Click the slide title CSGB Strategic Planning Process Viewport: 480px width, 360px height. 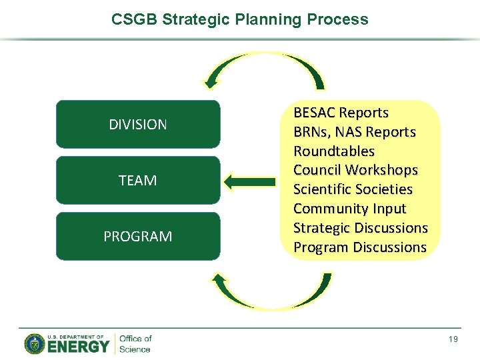coord(240,19)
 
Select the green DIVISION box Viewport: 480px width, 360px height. coord(138,125)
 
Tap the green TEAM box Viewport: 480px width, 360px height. coord(138,181)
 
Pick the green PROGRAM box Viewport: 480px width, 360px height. coord(138,237)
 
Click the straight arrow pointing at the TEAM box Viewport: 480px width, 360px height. coord(250,181)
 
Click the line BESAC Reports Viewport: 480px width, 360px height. coord(341,113)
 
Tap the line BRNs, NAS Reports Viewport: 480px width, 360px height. coord(354,132)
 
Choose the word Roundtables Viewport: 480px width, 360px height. coord(334,151)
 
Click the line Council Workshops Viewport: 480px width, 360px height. coord(355,170)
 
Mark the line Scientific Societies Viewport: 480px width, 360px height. coord(353,189)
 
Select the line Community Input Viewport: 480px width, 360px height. coord(349,209)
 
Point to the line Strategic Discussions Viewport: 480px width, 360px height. coord(360,228)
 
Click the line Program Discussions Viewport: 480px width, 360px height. coord(359,247)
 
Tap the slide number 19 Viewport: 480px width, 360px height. coord(453,340)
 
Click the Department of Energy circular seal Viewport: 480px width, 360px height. coord(35,343)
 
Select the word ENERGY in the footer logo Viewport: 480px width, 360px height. coord(78,347)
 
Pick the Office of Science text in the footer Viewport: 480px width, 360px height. coord(135,343)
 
